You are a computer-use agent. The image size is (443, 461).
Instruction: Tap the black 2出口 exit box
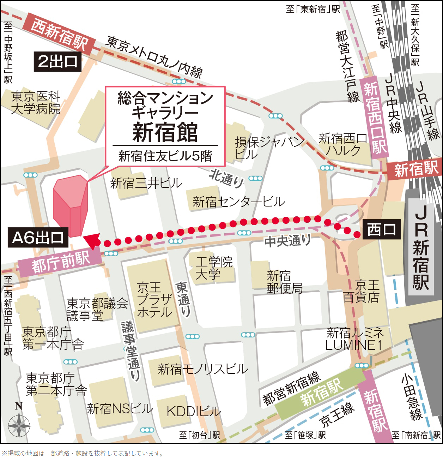point(57,62)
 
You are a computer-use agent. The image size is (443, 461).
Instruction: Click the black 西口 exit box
point(382,230)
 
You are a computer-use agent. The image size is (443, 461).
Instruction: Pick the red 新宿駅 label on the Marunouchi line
point(415,170)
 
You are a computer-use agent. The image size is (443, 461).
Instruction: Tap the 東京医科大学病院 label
point(36,102)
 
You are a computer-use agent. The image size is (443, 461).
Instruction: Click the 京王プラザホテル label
point(154,300)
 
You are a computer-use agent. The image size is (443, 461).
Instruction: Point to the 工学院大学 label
point(214,268)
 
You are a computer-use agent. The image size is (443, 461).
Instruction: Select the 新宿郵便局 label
point(284,282)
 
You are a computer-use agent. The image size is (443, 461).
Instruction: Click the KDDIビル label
point(194,411)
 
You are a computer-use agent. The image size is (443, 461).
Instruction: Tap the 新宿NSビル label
point(120,409)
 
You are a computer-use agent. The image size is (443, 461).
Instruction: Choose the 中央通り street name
point(287,241)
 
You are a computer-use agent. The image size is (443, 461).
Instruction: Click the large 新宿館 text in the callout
point(165,132)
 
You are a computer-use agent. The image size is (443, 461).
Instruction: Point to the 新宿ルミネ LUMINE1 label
point(354,339)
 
